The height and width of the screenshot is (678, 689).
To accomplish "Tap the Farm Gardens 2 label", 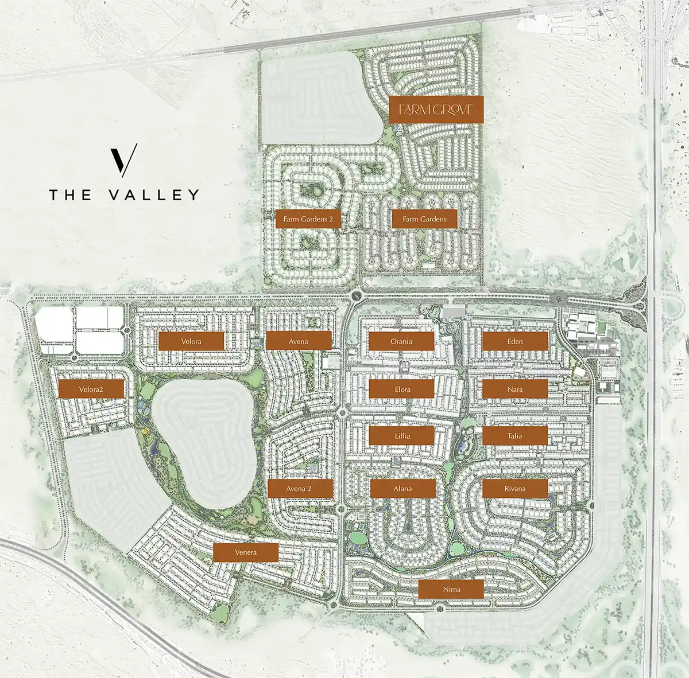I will click(x=308, y=219).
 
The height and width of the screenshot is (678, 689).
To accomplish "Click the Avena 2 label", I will click(x=300, y=489).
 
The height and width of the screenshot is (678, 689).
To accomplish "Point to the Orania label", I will click(x=401, y=341).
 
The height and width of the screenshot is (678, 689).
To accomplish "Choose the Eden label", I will click(x=515, y=341).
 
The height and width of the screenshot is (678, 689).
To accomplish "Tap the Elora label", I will click(x=402, y=389).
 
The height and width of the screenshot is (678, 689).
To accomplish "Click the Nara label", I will click(x=515, y=389).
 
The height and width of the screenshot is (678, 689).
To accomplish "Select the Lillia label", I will click(x=402, y=436).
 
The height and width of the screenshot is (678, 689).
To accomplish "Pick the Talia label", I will click(x=515, y=436).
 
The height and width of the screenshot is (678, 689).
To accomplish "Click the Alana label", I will click(x=402, y=489).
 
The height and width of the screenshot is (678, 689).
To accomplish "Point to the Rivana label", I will click(x=515, y=489).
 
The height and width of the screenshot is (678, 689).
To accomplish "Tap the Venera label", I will click(x=246, y=552).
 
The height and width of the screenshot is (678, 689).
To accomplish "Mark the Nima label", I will click(x=451, y=589).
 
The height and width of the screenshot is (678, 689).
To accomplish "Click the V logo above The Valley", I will click(x=124, y=160).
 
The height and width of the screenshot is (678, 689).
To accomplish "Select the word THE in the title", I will click(x=70, y=195).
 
